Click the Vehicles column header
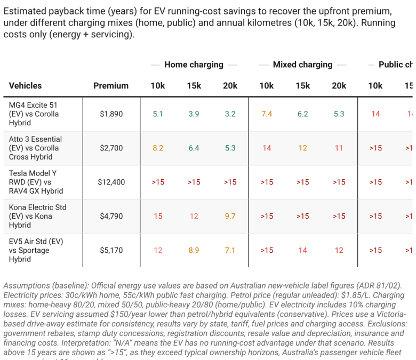coord(25,85)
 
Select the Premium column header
coord(111,85)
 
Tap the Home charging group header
coord(194,65)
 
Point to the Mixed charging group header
coord(302,65)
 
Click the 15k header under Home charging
coord(194,85)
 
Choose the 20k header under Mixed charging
coord(339,85)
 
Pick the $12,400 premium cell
coord(111,182)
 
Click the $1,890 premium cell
coord(111,114)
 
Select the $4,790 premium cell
coord(111,216)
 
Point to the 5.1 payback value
coord(158,114)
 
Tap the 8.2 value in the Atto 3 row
coord(158,148)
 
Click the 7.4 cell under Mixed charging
coord(267,114)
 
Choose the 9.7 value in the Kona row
coord(230,216)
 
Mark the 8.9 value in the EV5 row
coord(194,250)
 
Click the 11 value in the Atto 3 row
coord(339,148)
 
